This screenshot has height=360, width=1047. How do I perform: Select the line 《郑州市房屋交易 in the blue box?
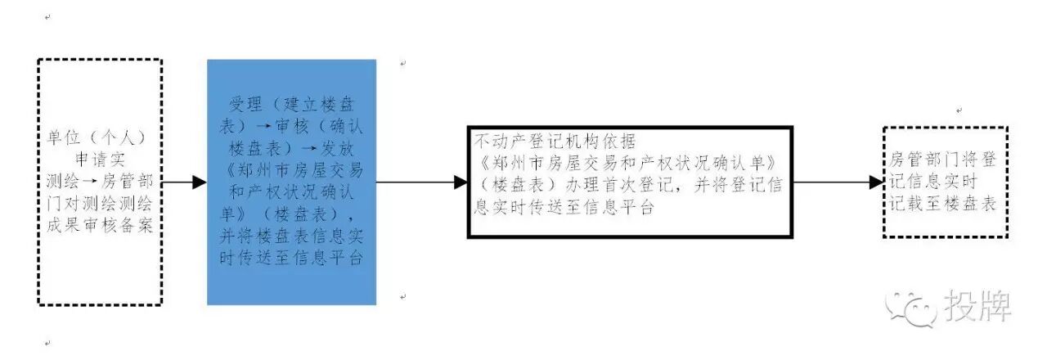pyautogui.click(x=291, y=175)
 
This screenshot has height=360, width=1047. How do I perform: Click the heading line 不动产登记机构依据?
pyautogui.click(x=555, y=140)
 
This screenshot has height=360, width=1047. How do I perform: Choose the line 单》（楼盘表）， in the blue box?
pyautogui.click(x=291, y=215)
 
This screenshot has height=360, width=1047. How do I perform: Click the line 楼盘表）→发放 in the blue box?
pyautogui.click(x=291, y=152)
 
